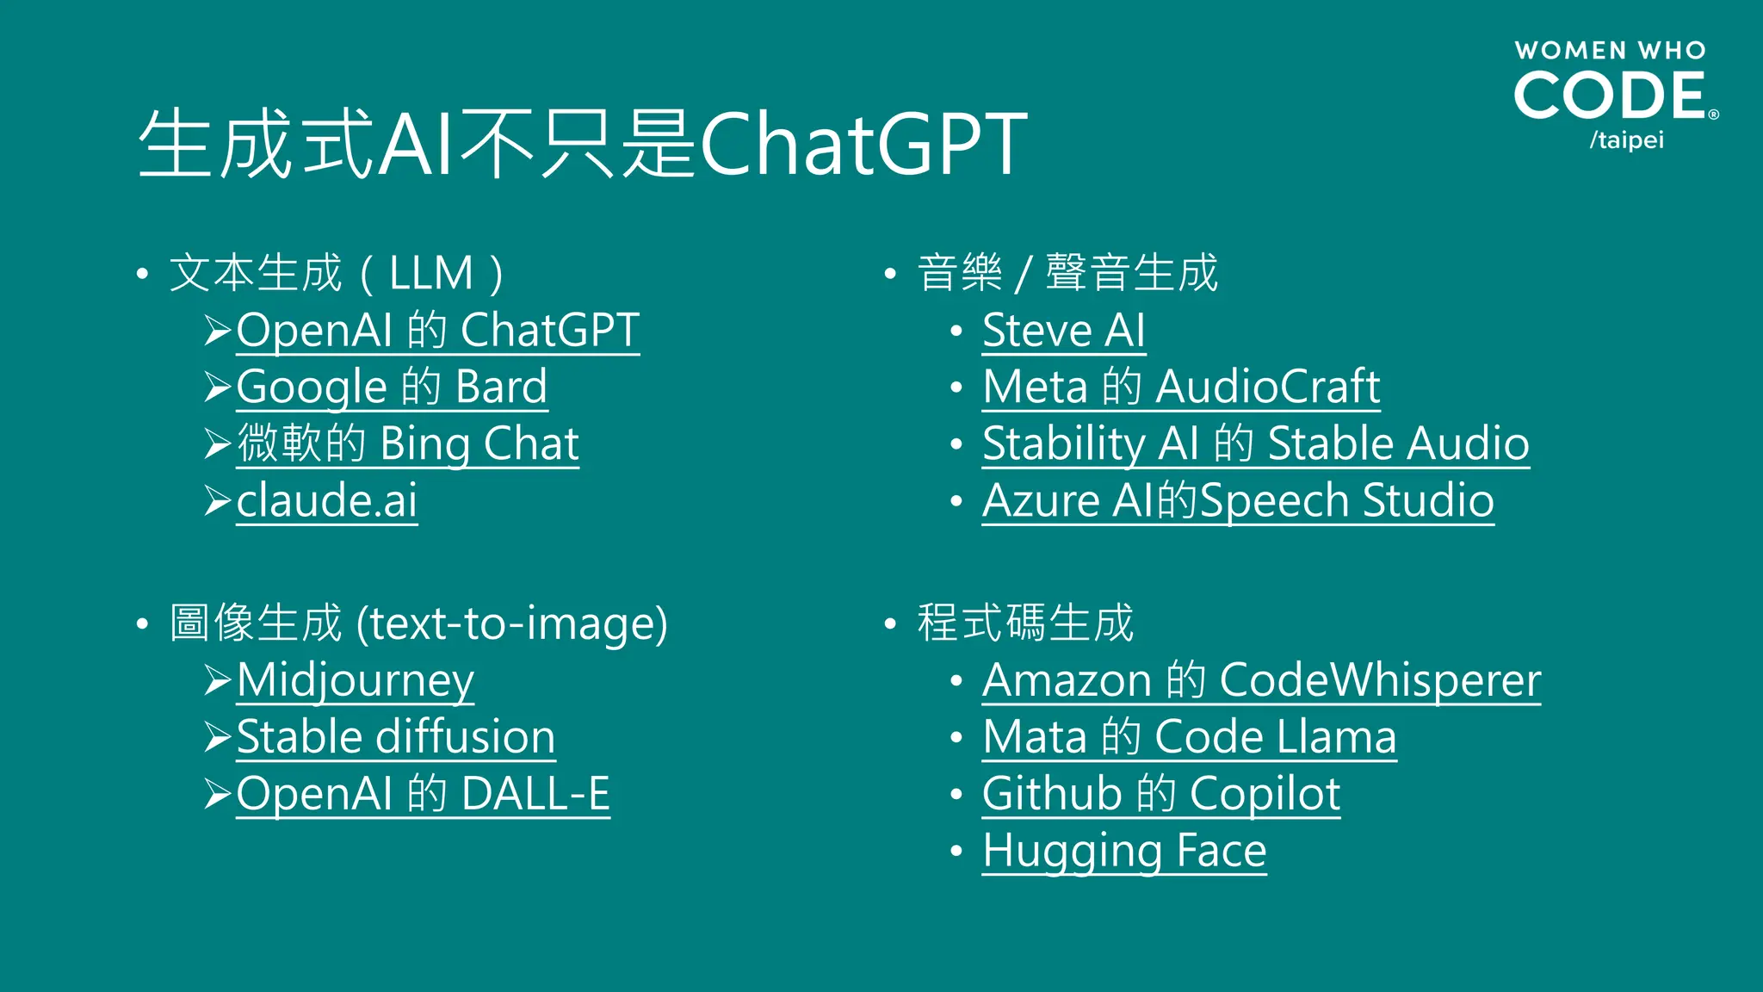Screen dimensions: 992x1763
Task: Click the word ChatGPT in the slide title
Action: tap(864, 145)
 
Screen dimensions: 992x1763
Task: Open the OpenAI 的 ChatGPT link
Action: tap(437, 330)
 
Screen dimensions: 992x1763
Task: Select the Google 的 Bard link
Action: tap(392, 387)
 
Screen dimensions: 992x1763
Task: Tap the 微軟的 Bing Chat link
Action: tap(407, 443)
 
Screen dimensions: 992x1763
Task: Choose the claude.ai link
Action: tap(327, 500)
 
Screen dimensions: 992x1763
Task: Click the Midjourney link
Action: tap(355, 680)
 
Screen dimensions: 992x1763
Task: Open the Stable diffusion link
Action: tap(396, 737)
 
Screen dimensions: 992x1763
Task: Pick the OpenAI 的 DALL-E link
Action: tap(423, 794)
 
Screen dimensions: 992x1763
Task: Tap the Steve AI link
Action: tap(1064, 330)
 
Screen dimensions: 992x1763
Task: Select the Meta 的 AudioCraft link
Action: tap(1181, 387)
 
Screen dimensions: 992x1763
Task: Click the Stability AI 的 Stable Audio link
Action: tap(1256, 443)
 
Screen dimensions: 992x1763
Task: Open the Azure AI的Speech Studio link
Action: tap(1238, 500)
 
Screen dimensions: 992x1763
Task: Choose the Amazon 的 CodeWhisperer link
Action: tap(1261, 680)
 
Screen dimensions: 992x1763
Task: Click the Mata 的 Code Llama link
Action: tap(1189, 737)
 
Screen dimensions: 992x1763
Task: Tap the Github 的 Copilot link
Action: tap(1161, 794)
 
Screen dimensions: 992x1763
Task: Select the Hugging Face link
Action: tap(1124, 851)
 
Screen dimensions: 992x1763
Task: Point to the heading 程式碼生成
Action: tap(1025, 623)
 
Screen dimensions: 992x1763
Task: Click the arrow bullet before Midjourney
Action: tap(218, 680)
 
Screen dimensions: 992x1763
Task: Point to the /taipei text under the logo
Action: tap(1626, 139)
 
